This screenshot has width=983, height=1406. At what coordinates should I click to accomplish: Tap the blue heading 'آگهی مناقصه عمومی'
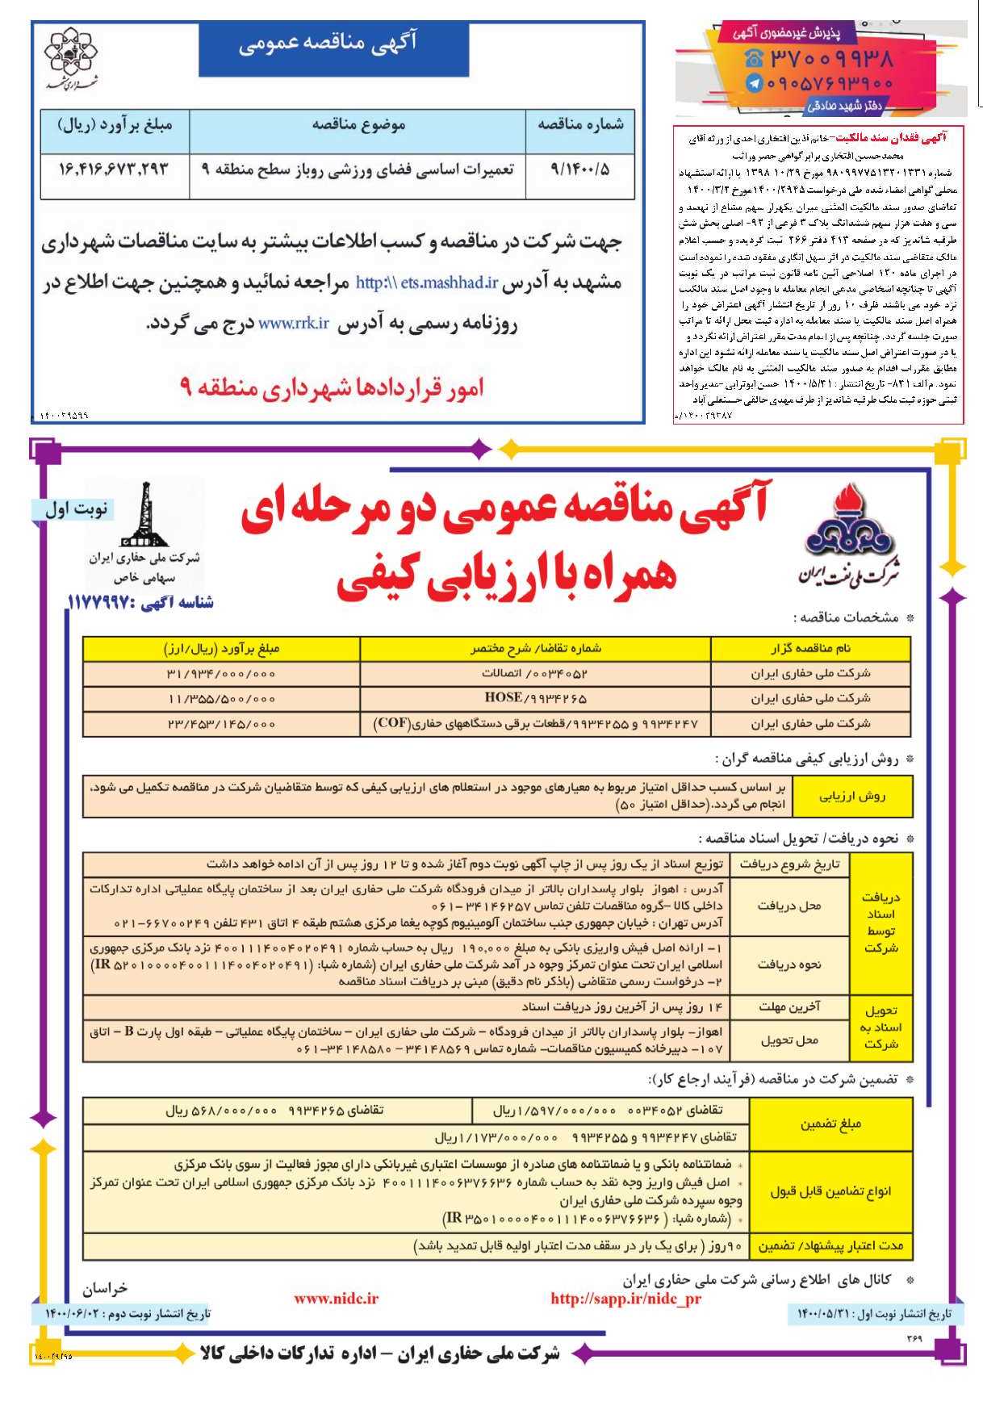point(333,47)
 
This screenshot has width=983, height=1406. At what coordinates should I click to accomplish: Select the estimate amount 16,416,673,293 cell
point(114,169)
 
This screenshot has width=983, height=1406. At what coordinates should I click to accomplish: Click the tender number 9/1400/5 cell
point(579,169)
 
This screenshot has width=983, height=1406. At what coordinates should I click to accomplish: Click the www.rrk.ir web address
point(294,323)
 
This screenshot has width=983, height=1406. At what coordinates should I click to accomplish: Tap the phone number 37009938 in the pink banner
point(830,59)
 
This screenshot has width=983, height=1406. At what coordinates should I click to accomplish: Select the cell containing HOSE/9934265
point(535,698)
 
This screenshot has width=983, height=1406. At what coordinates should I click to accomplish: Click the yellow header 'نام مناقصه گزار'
point(810,648)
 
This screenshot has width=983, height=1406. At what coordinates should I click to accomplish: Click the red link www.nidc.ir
point(336,1299)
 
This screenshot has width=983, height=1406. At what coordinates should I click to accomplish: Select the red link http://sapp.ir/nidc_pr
point(625,1299)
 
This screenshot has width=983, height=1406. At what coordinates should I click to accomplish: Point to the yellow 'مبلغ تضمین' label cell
point(830,1124)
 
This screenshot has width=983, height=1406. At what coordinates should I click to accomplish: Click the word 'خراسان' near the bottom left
point(105,1288)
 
